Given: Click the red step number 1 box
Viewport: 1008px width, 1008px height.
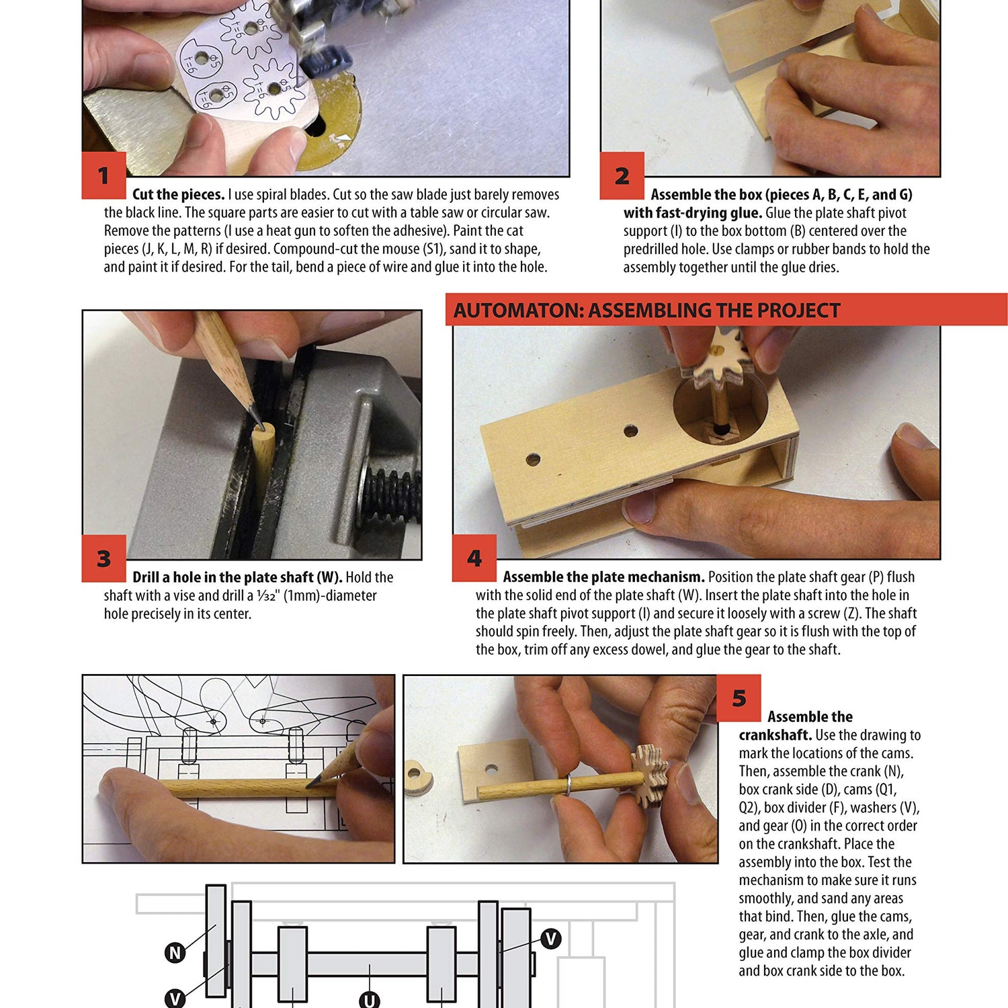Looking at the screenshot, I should tap(103, 175).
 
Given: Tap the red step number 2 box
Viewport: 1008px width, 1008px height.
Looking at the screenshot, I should tap(622, 175).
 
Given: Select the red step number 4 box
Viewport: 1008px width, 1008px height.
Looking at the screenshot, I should tap(474, 558).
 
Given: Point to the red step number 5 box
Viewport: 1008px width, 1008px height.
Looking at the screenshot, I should tap(739, 698).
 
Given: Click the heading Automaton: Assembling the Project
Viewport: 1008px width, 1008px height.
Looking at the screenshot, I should tap(646, 310).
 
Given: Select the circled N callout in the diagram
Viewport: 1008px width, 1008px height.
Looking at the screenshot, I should tap(175, 952).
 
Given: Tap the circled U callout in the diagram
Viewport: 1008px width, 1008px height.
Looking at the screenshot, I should tap(369, 1000).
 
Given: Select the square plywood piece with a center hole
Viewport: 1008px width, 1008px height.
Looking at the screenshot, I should tap(493, 770).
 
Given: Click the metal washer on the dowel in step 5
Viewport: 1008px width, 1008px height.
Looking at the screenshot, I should tap(568, 784).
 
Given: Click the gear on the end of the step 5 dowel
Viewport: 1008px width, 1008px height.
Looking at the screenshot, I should tap(649, 776).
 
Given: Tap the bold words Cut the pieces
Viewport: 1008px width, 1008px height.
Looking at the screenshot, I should tap(178, 195).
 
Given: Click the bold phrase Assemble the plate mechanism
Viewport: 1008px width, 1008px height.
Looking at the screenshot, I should tap(603, 577).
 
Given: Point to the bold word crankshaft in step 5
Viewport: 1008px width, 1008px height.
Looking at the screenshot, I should tap(775, 735).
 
